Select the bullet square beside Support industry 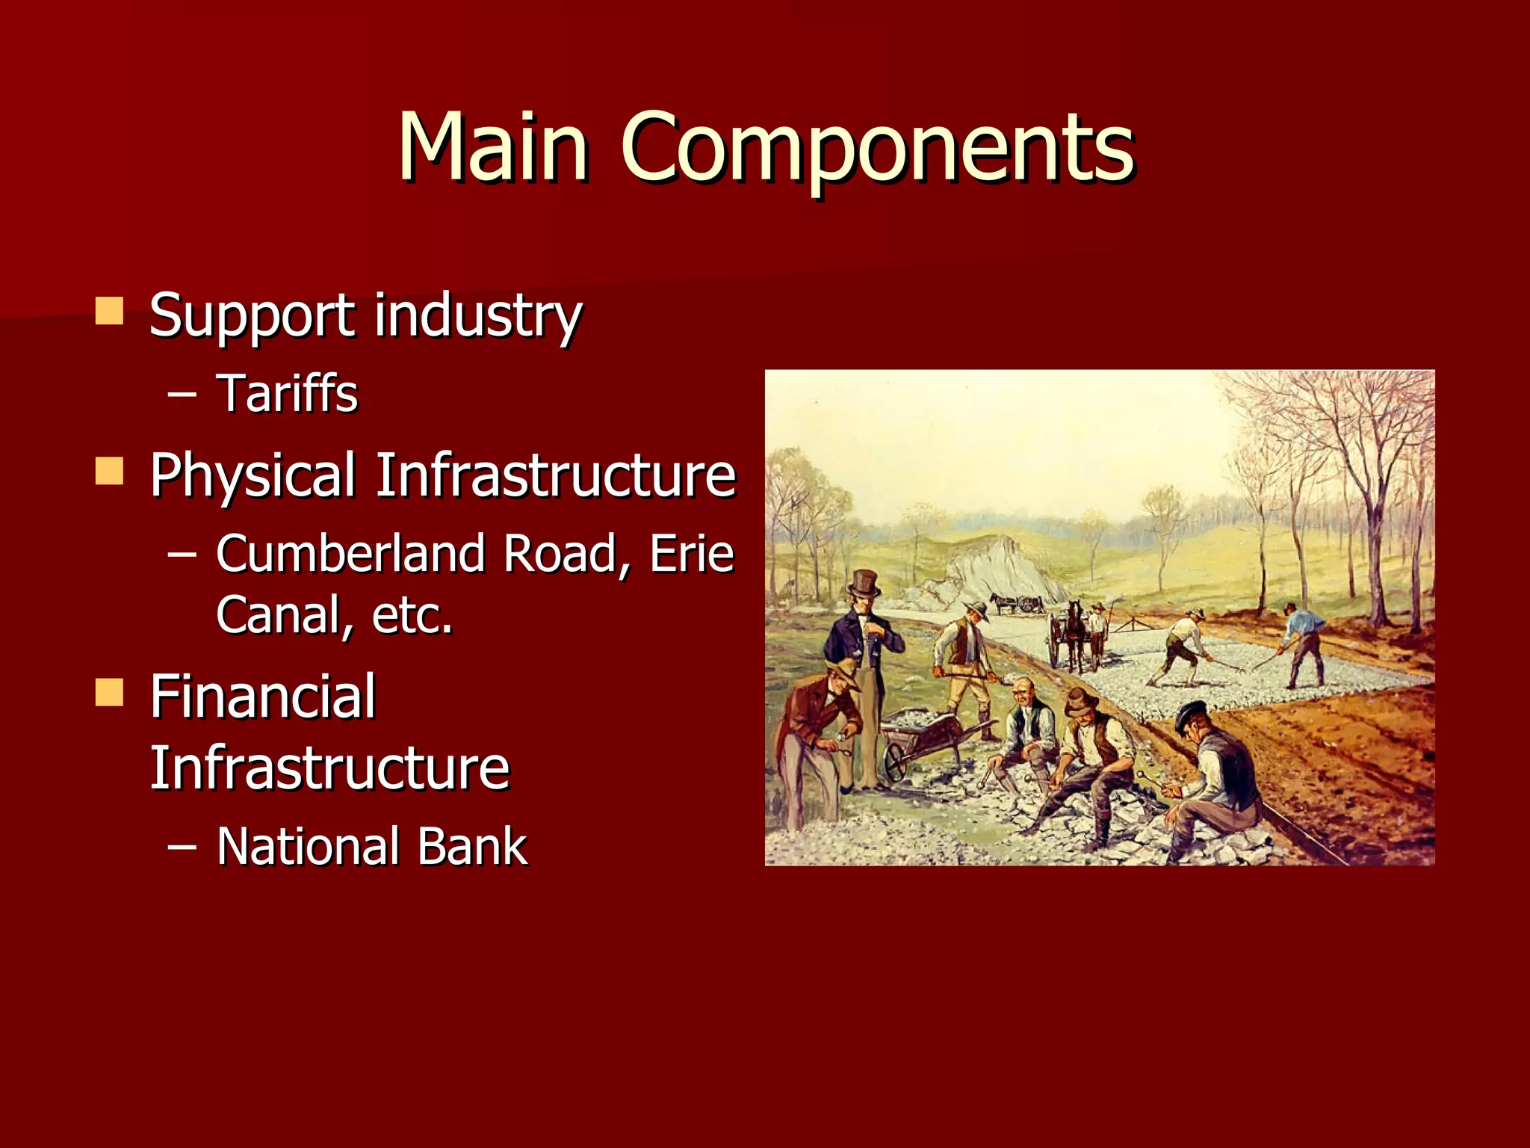click(x=109, y=311)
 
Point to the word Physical click(x=253, y=476)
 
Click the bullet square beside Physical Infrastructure click(x=109, y=472)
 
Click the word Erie click(x=692, y=554)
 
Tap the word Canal click(x=277, y=615)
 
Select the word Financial click(x=263, y=697)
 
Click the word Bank click(x=472, y=847)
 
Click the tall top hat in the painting click(x=864, y=583)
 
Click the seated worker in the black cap click(x=1214, y=770)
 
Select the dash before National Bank click(x=182, y=847)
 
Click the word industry click(x=478, y=315)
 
